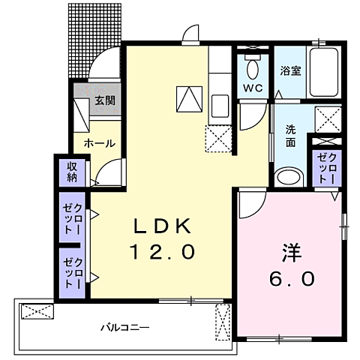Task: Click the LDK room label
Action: pos(163,224)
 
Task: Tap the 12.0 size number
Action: pos(164,251)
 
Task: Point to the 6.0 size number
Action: pos(292,277)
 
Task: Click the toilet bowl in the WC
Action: pos(251,70)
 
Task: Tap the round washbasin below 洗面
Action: pos(286,178)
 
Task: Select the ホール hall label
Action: pos(99,142)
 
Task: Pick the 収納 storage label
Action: pos(72,172)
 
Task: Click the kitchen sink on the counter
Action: pos(220,105)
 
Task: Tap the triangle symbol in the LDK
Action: pos(188,98)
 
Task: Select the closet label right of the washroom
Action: pos(326,166)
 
